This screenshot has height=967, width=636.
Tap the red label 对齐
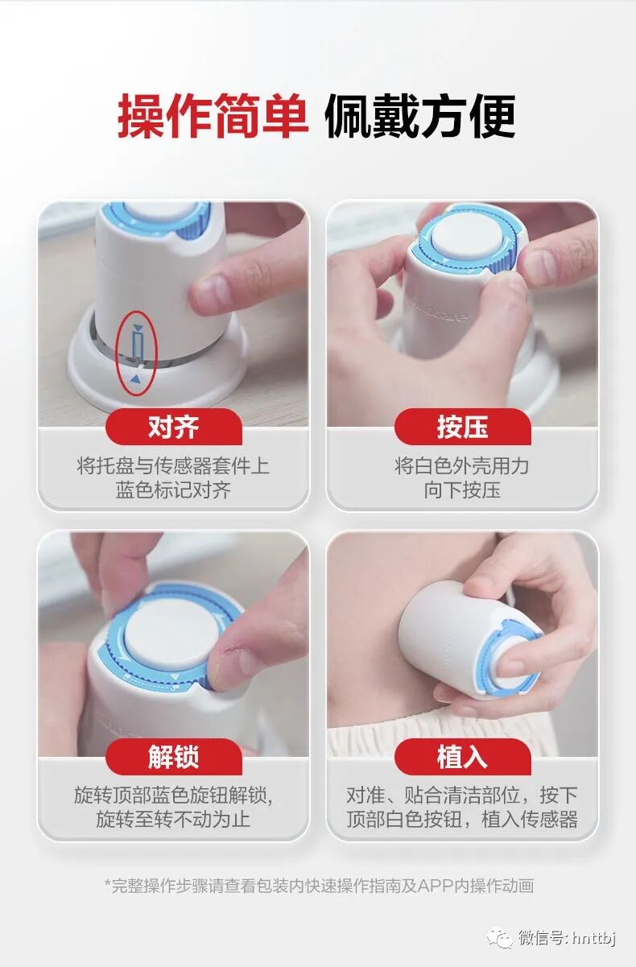click(x=173, y=427)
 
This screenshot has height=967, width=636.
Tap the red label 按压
click(x=462, y=427)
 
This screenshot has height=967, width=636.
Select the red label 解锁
click(x=173, y=757)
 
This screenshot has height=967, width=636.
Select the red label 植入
click(x=462, y=757)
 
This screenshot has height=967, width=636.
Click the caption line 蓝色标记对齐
click(x=173, y=491)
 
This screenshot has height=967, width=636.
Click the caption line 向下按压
click(x=462, y=491)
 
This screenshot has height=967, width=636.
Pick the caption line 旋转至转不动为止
click(x=173, y=820)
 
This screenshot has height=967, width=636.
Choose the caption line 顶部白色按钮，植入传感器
click(x=462, y=820)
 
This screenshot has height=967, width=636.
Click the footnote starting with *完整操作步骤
click(x=319, y=886)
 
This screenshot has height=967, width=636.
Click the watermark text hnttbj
click(x=593, y=939)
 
